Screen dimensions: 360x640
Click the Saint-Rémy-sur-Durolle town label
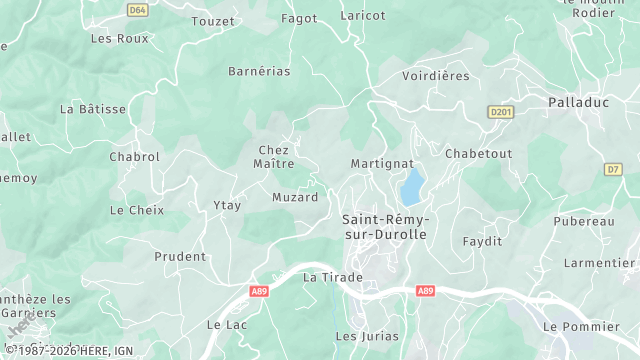pos(384,226)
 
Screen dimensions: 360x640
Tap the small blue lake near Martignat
pos(412,186)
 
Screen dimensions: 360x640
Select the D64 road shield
pos(138,10)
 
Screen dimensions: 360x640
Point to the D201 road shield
pos(500,112)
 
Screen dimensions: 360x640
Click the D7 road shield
pos(613,170)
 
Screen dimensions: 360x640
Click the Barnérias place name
pos(259,71)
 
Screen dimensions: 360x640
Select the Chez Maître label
pos(273,156)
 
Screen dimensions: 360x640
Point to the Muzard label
pos(295,197)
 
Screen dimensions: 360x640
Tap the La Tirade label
pos(333,276)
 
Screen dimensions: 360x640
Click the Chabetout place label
pos(478,153)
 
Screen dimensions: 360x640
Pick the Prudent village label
pos(180,256)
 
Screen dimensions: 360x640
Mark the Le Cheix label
pos(136,210)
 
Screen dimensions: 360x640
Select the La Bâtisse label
pos(93,108)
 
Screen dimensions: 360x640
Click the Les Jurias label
pos(367,336)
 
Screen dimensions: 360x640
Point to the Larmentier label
pos(599,262)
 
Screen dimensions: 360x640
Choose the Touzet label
pos(212,21)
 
